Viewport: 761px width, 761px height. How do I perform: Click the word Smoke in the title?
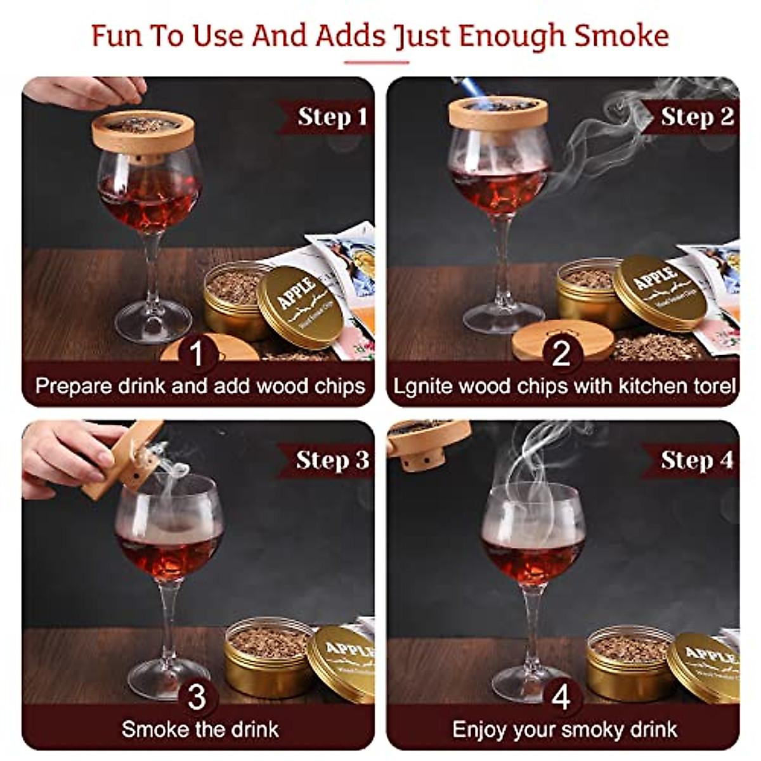tap(621, 36)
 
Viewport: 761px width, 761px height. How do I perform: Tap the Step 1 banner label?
tap(332, 117)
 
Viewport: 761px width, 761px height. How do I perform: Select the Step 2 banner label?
tap(696, 117)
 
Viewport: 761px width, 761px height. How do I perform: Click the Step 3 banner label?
tap(332, 460)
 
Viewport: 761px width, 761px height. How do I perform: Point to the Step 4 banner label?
tap(696, 460)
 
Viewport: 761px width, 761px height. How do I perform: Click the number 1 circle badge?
tap(197, 353)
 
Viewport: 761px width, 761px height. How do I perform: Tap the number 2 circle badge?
tap(561, 353)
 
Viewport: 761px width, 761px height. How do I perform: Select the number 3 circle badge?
tap(197, 697)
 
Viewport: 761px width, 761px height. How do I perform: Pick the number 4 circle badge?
tap(561, 697)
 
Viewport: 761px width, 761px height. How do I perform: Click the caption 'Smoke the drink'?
tap(200, 729)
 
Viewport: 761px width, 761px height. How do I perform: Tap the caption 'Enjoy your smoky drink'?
tap(564, 729)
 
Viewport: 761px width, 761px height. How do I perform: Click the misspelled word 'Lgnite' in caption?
tap(419, 386)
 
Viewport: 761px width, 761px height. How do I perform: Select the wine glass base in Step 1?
tap(153, 327)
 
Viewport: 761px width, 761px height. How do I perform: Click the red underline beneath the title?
tap(377, 62)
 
